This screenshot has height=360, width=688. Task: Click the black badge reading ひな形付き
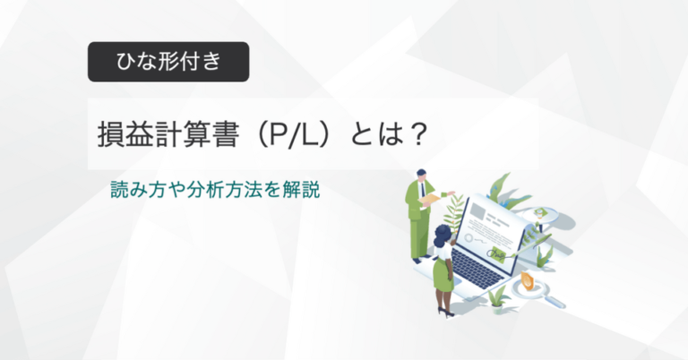click(168, 63)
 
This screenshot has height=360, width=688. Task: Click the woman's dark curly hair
click(442, 235)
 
